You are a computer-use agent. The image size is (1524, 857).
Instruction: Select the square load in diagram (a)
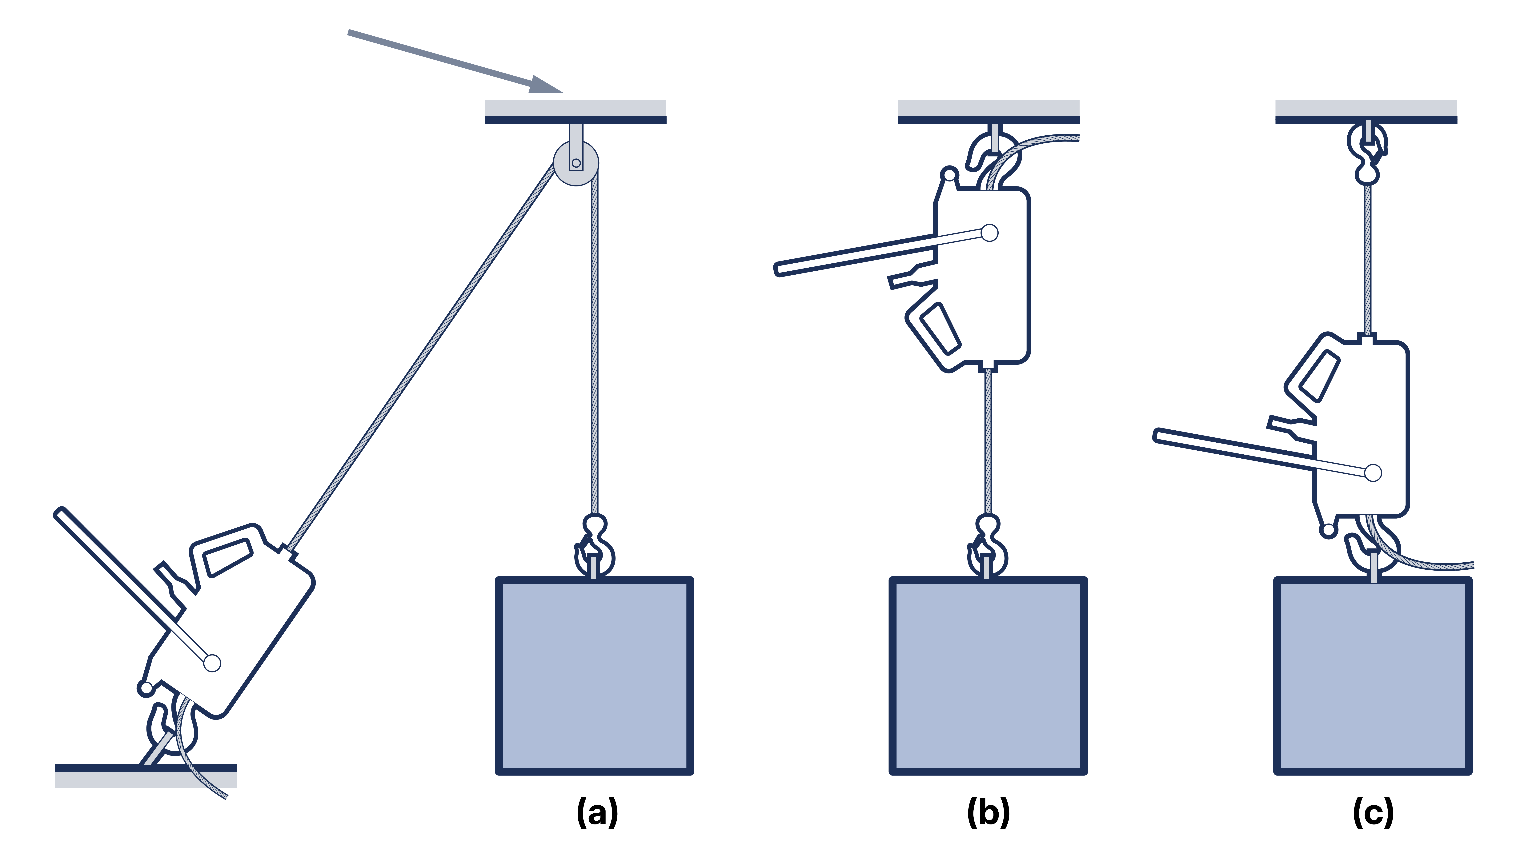pos(594,676)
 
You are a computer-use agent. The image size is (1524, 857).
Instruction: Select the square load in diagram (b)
pos(987,676)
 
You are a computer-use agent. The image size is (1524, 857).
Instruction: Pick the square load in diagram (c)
pos(1372,676)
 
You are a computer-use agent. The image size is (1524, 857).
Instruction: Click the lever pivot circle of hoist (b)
pos(989,233)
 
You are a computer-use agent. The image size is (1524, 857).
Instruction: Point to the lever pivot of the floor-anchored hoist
pos(212,663)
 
